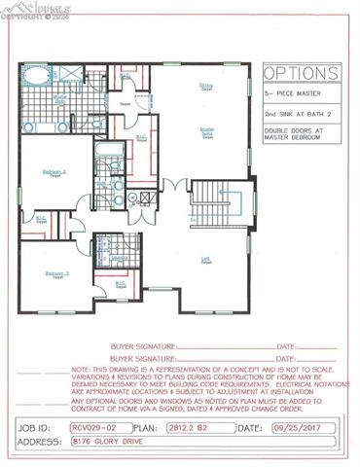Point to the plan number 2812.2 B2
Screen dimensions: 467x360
coord(190,427)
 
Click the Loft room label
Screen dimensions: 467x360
coord(206,258)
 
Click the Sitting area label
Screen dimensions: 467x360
coord(206,86)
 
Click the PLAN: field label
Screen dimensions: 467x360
coord(143,427)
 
